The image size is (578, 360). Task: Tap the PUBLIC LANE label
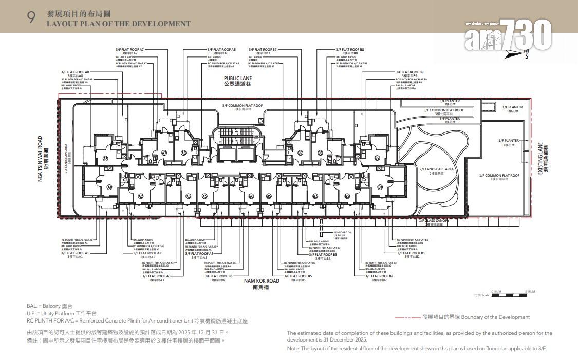[237, 78]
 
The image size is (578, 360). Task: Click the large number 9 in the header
[31, 17]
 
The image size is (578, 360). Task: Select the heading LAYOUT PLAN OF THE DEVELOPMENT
[119, 24]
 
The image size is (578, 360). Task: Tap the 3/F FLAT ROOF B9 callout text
[409, 72]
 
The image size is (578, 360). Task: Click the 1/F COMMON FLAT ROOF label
[499, 176]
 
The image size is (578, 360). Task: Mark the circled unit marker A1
[109, 188]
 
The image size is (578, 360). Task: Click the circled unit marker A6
[183, 153]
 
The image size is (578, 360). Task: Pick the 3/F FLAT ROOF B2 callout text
[379, 276]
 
